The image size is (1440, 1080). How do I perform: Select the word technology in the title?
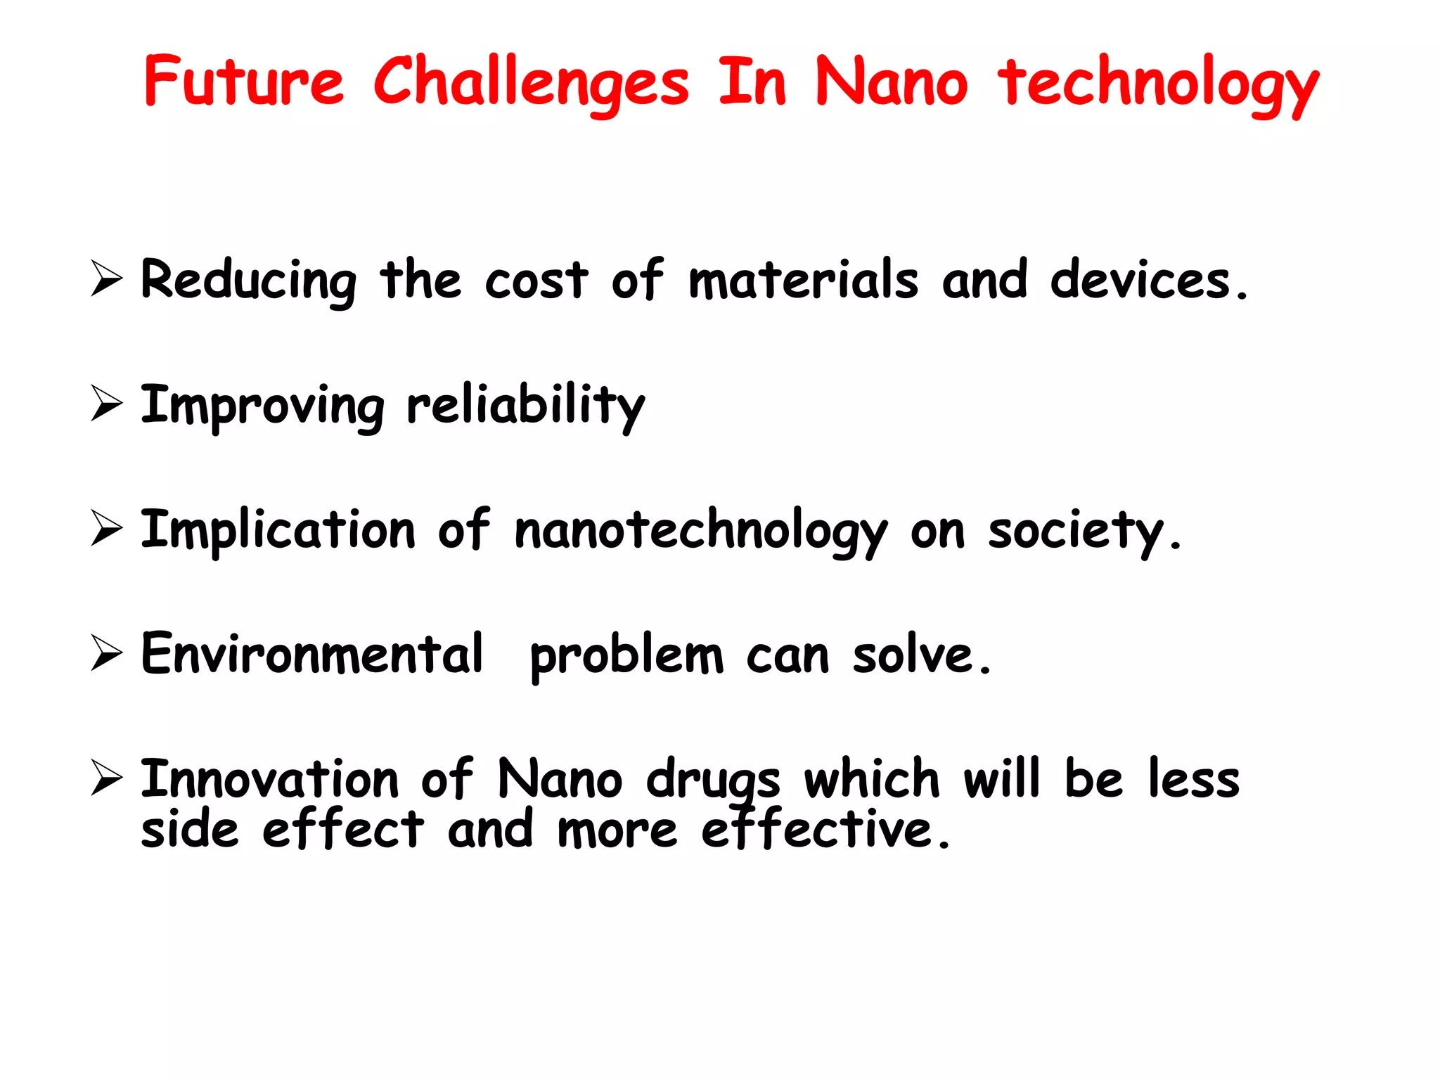click(x=1158, y=84)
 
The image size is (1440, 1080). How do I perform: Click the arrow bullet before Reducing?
click(x=107, y=278)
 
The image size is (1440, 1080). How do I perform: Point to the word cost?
click(x=536, y=281)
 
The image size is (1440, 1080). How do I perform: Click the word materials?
click(x=803, y=279)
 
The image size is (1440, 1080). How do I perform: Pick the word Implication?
click(x=278, y=530)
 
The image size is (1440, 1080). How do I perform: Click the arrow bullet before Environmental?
click(x=107, y=653)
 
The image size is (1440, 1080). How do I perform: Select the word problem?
click(x=626, y=656)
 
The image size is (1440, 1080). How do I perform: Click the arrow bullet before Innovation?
click(x=107, y=779)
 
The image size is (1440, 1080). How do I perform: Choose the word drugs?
click(x=713, y=780)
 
